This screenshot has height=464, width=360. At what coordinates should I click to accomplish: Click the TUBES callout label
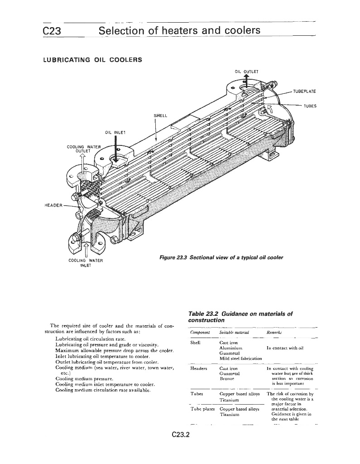(x=310, y=106)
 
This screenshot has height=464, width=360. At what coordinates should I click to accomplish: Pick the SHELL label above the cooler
(x=161, y=116)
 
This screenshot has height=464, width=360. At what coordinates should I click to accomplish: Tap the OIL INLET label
(x=115, y=132)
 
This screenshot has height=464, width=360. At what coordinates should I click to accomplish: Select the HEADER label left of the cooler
(x=53, y=204)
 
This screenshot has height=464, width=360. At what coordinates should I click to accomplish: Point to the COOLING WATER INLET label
(x=86, y=263)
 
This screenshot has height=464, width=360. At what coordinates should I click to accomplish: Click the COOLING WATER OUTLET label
(x=83, y=149)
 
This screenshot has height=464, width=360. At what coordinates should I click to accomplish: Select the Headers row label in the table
(x=199, y=368)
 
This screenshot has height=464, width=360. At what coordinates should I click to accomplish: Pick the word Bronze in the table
(x=227, y=378)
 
